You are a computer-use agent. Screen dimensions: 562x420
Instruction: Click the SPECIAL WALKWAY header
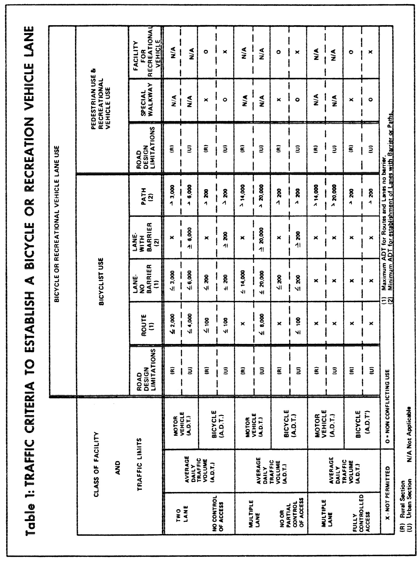pyautogui.click(x=146, y=101)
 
